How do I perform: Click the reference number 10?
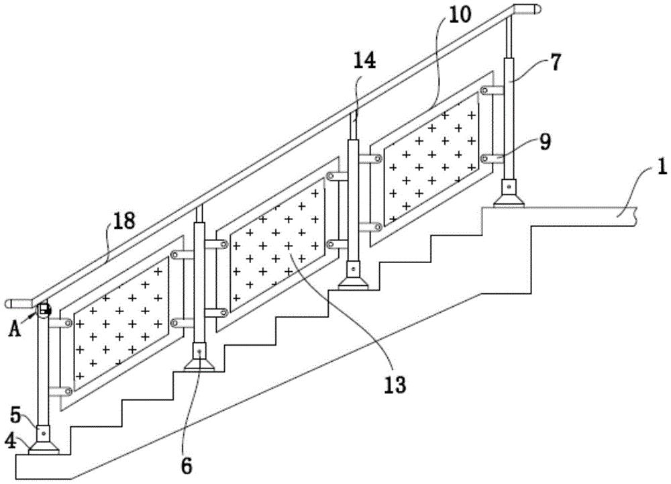[460, 15]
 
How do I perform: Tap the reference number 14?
[364, 60]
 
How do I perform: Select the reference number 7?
[555, 62]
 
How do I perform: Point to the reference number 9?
[545, 143]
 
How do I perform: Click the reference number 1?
[662, 166]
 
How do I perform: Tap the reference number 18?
[123, 222]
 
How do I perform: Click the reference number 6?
[187, 466]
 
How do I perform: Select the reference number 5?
[15, 415]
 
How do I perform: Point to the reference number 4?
[11, 441]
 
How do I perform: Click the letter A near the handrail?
[15, 329]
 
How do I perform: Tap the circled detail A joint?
[43, 310]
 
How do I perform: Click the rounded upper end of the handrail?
[527, 9]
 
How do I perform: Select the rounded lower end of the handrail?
[19, 304]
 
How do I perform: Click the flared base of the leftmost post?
[43, 447]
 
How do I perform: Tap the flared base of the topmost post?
[510, 199]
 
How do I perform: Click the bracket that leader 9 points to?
[493, 158]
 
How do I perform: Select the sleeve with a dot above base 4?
[43, 434]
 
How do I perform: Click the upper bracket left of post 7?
[493, 91]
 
